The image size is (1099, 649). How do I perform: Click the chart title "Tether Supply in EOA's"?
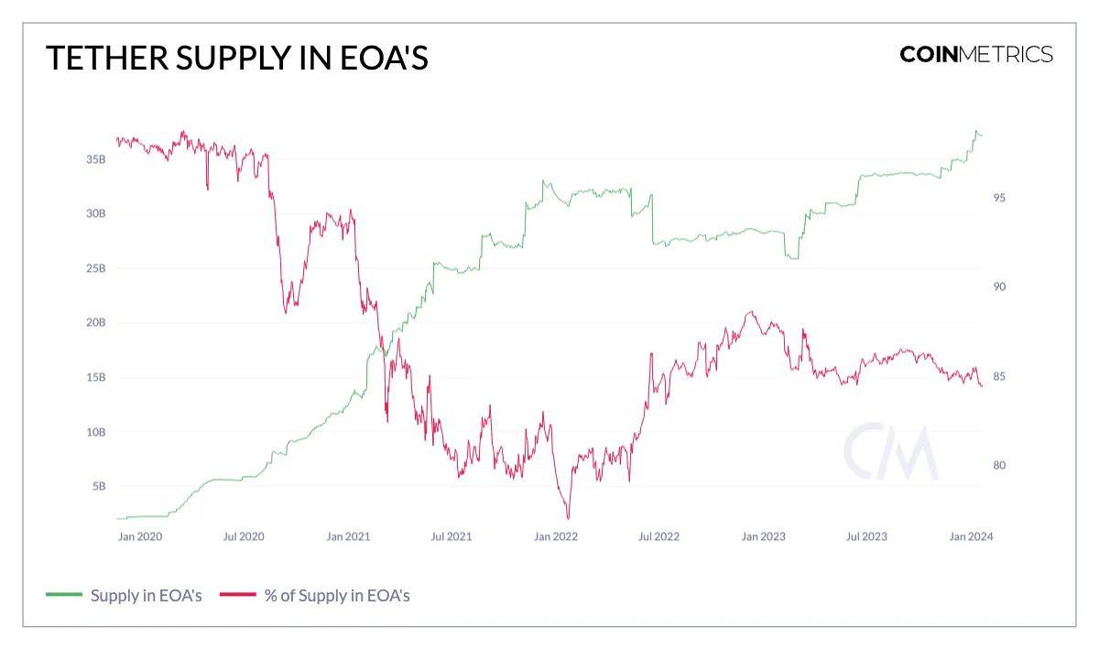point(237,58)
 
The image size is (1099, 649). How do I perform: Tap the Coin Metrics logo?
point(976,54)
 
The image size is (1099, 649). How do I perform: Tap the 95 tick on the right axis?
point(999,198)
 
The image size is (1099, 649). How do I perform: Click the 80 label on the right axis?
point(999,465)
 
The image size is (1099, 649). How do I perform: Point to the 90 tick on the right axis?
point(999,287)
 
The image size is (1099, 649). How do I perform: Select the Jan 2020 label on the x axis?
point(140,536)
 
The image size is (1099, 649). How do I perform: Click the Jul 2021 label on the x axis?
point(451,536)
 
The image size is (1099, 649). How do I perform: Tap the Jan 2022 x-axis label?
point(555,536)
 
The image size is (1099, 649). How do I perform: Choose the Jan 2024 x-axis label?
point(970,536)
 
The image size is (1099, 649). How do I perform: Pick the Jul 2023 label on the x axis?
point(865,536)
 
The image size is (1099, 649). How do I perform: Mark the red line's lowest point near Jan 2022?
point(568,518)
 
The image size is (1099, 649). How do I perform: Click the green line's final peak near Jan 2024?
point(976,132)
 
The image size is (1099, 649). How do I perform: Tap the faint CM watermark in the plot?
point(890,452)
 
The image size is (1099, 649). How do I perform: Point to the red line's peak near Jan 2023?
point(750,312)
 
